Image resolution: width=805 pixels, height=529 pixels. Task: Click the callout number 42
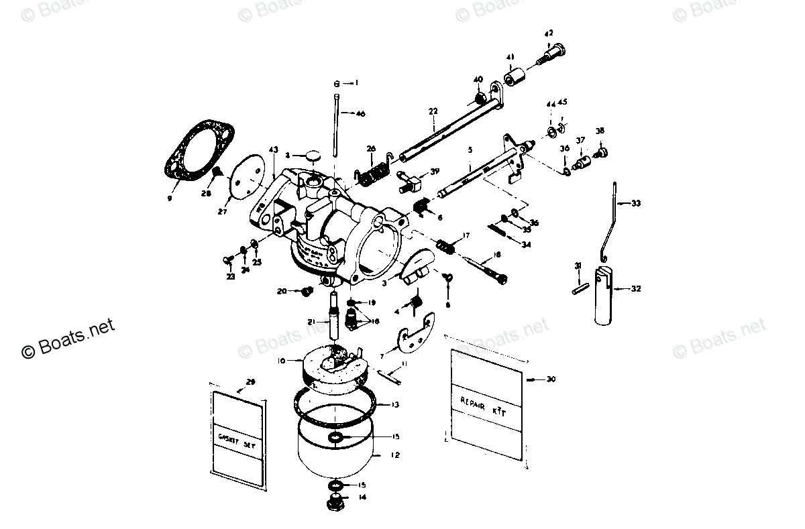[x=549, y=33]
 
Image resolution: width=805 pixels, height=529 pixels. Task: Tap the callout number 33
[x=636, y=202]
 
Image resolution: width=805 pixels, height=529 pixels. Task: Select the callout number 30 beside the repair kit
[x=551, y=379]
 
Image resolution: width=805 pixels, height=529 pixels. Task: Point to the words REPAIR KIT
[x=482, y=408]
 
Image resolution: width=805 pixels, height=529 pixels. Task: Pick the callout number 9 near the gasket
[x=170, y=198]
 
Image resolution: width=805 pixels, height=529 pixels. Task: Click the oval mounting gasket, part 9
[x=199, y=153]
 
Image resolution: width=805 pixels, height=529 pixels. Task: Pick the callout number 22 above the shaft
[x=433, y=111]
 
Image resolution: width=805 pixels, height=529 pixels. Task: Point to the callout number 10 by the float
[x=281, y=361]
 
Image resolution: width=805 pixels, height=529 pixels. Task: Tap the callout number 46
[x=360, y=114]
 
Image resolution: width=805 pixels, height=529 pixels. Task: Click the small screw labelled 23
[x=227, y=258]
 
